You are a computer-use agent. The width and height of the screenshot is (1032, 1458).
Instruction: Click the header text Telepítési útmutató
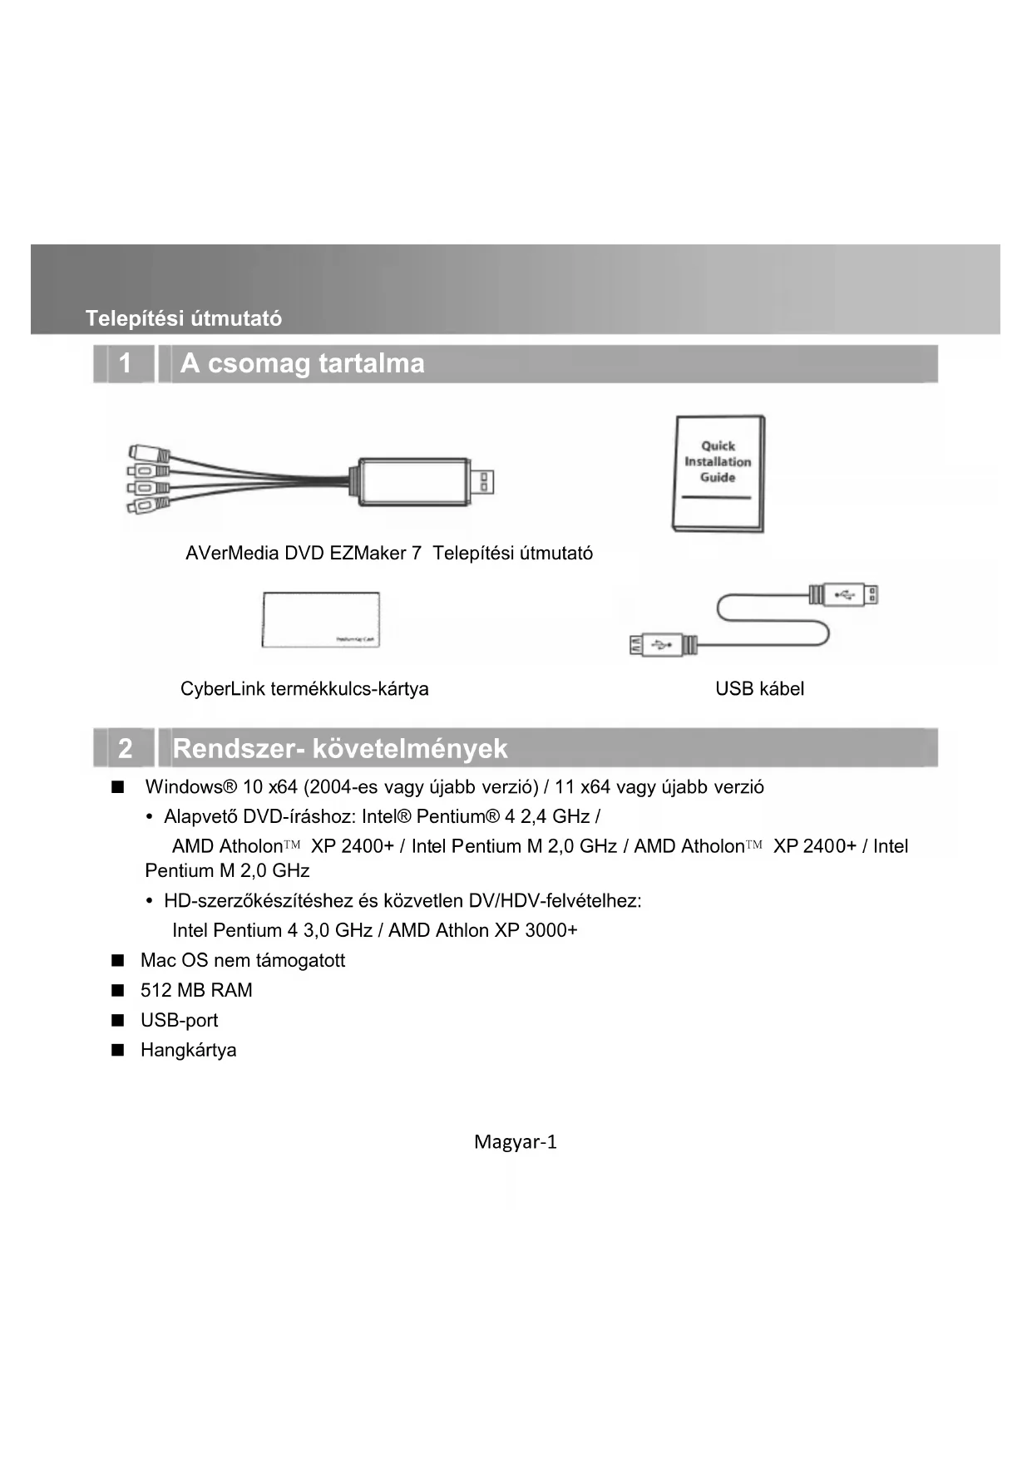[x=183, y=318]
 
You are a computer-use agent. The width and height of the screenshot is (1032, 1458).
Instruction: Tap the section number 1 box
[x=125, y=364]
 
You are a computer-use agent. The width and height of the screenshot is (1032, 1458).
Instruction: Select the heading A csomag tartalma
[x=303, y=364]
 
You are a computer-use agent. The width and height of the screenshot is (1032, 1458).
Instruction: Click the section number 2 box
[x=125, y=748]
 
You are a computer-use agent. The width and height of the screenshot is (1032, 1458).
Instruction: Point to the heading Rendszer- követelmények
[x=339, y=749]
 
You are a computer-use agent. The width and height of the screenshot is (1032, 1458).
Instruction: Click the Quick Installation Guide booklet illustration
[x=718, y=474]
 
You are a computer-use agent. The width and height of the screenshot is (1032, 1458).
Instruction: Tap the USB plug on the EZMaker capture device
[x=481, y=482]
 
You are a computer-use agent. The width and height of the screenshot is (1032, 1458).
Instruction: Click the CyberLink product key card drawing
[x=321, y=620]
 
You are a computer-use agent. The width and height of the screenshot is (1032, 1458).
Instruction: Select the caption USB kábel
[x=759, y=688]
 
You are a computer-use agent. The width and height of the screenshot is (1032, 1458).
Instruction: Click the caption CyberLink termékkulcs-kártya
[x=304, y=688]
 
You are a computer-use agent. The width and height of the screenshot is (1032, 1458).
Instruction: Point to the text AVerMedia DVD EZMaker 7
[x=304, y=554]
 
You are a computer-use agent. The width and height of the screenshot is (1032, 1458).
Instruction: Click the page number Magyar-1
[x=515, y=1142]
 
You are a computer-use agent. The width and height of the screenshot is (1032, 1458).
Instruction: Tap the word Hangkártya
[x=188, y=1050]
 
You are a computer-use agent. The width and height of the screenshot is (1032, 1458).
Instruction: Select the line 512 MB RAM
[x=196, y=990]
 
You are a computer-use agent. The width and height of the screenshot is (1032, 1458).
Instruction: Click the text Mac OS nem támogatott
[x=243, y=960]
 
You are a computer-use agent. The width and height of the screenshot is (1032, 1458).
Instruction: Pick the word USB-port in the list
[x=179, y=1020]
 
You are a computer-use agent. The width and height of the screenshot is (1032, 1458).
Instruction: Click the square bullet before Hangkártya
[x=118, y=1050]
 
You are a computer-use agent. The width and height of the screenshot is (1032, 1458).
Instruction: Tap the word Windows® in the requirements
[x=191, y=787]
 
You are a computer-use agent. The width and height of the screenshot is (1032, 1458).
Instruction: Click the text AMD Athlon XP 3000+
[x=482, y=930]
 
